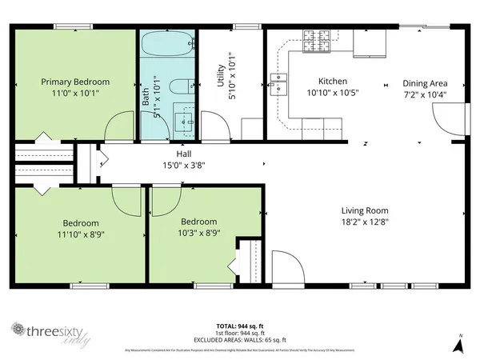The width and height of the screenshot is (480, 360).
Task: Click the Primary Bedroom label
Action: (x=76, y=82)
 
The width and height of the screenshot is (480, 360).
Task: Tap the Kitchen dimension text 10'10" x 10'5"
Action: (x=333, y=94)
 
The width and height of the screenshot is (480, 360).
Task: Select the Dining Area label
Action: (x=424, y=83)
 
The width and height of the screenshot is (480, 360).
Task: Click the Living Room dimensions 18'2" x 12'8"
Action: (x=364, y=223)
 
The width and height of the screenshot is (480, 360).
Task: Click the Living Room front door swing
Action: (x=284, y=268)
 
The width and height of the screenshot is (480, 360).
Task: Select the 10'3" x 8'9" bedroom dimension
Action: (x=198, y=233)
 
